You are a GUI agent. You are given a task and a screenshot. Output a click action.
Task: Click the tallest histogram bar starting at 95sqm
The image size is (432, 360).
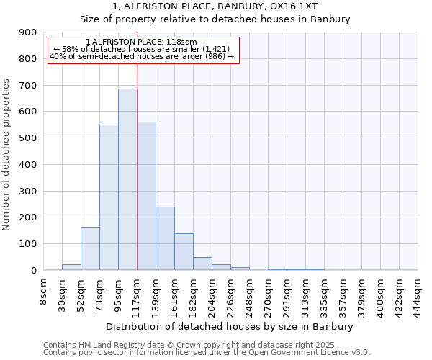[x=127, y=179]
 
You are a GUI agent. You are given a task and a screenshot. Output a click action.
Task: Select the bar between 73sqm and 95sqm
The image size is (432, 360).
[x=109, y=197]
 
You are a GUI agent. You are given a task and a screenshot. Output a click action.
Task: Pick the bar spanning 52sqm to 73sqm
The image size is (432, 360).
[x=90, y=248]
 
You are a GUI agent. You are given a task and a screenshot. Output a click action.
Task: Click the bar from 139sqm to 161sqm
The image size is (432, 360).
[x=165, y=238]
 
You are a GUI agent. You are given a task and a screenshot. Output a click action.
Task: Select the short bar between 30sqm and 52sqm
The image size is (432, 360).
[x=71, y=267]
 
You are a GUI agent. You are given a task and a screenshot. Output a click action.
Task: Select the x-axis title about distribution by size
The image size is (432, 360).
[x=230, y=326]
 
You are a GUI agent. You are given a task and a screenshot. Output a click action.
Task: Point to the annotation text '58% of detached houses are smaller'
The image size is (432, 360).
[x=141, y=49]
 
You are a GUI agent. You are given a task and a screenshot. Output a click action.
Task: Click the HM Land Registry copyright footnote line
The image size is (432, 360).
[x=190, y=345]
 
